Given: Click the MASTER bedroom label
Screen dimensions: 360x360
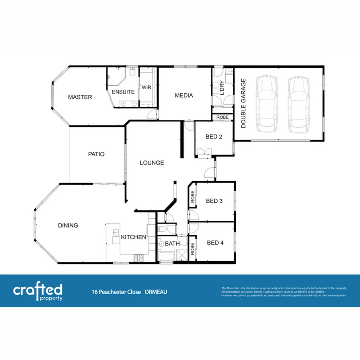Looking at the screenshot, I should [x=80, y=97].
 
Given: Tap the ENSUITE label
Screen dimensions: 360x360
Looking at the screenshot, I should [x=123, y=92].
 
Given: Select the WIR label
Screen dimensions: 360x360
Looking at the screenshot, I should [x=147, y=87].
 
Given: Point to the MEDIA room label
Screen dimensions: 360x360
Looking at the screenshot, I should [x=184, y=96].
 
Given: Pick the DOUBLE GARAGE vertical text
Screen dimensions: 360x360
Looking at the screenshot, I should [x=244, y=103].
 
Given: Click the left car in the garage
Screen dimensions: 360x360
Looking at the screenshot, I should [x=266, y=104].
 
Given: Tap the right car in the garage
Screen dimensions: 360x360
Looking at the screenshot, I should [x=298, y=104].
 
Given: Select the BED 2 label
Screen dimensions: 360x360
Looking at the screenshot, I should [x=214, y=137].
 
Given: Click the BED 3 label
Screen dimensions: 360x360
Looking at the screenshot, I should [x=214, y=201].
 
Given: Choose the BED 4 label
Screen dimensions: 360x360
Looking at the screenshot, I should [x=215, y=243].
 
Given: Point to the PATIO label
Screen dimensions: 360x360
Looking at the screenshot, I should [x=96, y=154].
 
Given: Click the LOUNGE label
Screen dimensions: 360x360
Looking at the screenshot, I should [x=152, y=163].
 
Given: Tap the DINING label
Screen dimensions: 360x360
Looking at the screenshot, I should [x=68, y=225].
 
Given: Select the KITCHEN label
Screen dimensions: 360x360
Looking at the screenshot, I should [x=133, y=237].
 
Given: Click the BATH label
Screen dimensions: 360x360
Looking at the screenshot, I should [x=172, y=244].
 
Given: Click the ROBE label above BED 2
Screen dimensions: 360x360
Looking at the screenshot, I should [x=222, y=118].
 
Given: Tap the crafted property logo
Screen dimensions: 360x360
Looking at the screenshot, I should [x=38, y=292].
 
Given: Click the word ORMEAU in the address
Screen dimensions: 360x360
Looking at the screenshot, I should [x=156, y=292].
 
